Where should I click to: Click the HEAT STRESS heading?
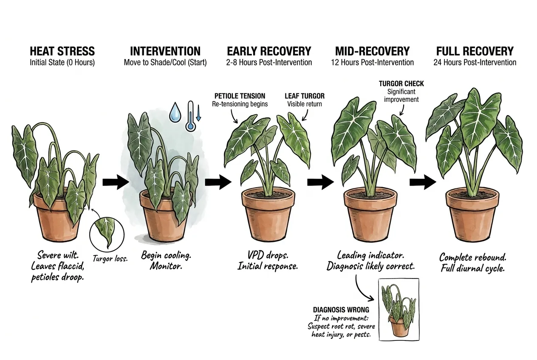pyautogui.click(x=62, y=51)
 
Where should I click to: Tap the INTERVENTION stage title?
pyautogui.click(x=165, y=51)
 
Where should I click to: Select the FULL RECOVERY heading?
pyautogui.click(x=475, y=51)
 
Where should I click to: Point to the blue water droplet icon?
pyautogui.click(x=175, y=112)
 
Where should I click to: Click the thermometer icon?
pyautogui.click(x=191, y=116)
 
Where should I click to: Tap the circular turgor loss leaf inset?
pyautogui.click(x=107, y=235)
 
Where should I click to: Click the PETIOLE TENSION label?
pyautogui.click(x=240, y=96)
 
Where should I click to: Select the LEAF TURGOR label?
pyautogui.click(x=305, y=96)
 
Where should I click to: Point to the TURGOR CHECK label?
pyautogui.click(x=401, y=84)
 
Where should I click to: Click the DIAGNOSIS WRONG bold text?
pyautogui.click(x=341, y=310)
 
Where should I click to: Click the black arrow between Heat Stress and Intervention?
pyautogui.click(x=116, y=182)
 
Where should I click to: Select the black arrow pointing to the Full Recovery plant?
pyautogui.click(x=423, y=182)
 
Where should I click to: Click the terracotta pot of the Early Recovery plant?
pyautogui.click(x=268, y=214)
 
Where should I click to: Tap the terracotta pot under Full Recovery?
pyautogui.click(x=472, y=214)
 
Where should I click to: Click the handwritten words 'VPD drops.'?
pyautogui.click(x=268, y=255)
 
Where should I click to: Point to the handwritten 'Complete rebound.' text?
pyautogui.click(x=473, y=258)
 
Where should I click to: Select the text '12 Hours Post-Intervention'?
pyautogui.click(x=372, y=62)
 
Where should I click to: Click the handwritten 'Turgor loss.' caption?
pyautogui.click(x=110, y=259)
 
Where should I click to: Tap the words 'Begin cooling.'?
pyautogui.click(x=166, y=255)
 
